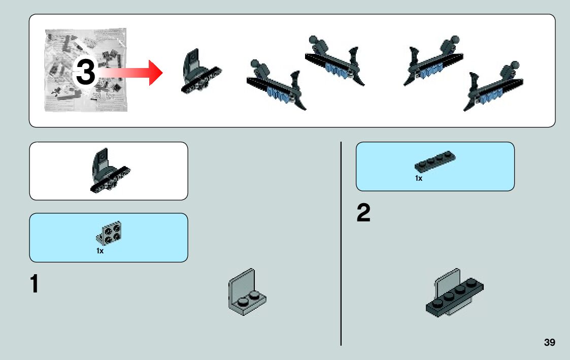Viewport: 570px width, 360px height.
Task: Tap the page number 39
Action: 549,342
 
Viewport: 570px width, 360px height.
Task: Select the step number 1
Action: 34,284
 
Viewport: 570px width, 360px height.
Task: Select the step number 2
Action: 363,214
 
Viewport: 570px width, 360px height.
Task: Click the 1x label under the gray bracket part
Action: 100,251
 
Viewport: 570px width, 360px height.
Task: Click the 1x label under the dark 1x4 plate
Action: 419,178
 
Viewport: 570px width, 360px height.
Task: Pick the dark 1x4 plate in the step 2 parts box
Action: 434,161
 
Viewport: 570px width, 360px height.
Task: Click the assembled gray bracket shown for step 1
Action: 247,293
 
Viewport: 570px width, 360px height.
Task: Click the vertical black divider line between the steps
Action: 341,244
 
